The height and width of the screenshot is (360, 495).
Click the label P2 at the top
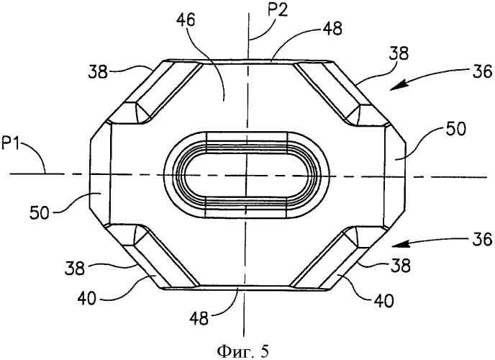(x=278, y=12)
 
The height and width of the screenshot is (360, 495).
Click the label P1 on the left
(x=12, y=146)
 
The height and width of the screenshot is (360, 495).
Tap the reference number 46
(x=186, y=20)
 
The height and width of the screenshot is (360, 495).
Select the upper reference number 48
(x=332, y=29)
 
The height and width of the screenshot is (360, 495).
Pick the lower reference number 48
(x=199, y=318)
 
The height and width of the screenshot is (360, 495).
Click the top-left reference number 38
(x=99, y=72)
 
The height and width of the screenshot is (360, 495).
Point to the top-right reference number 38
(x=399, y=53)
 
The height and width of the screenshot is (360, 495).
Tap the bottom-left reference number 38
(x=75, y=269)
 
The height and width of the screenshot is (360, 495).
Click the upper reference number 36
(x=483, y=71)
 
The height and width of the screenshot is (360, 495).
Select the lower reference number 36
(x=483, y=239)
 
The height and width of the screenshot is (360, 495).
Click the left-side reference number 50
(x=40, y=213)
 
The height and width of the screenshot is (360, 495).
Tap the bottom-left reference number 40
(x=86, y=298)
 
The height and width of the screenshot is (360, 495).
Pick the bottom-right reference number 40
(x=384, y=300)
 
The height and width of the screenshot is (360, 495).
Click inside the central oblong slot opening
(x=247, y=175)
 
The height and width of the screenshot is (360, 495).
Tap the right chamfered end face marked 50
(x=394, y=175)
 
